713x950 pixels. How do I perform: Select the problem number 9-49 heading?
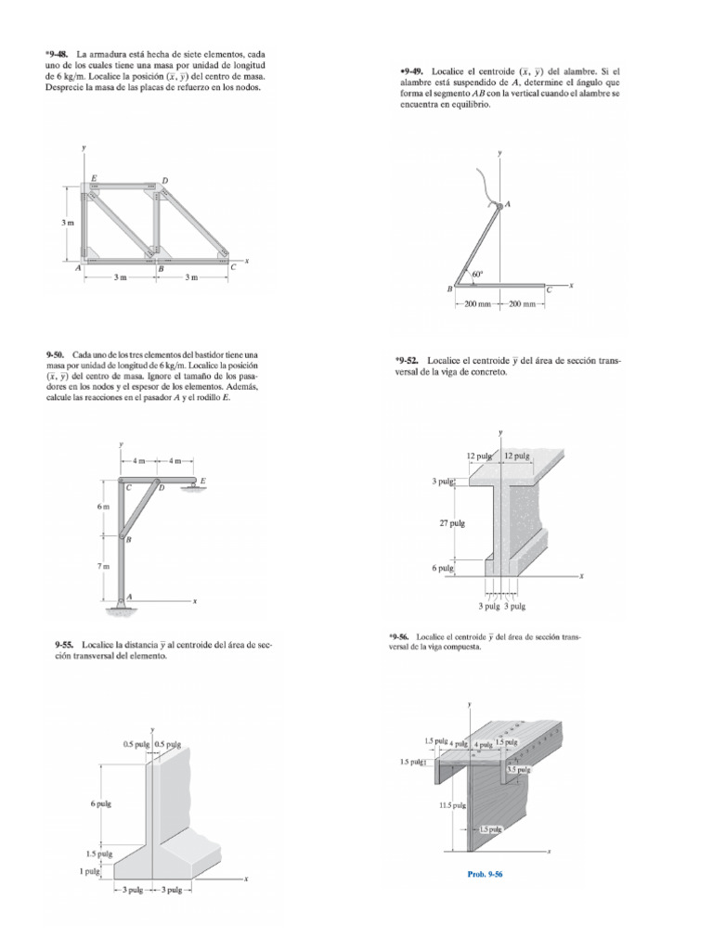click(412, 70)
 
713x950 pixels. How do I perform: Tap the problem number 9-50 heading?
click(58, 355)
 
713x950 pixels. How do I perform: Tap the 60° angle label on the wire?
click(477, 275)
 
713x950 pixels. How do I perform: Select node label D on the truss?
click(164, 180)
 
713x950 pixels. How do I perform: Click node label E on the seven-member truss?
click(93, 178)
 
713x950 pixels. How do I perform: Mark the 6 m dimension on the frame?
click(104, 507)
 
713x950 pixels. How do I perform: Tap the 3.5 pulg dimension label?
click(517, 769)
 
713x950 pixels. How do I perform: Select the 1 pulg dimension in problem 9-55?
click(90, 871)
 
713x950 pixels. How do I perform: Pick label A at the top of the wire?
click(508, 203)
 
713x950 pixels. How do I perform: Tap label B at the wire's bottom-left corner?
click(450, 289)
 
